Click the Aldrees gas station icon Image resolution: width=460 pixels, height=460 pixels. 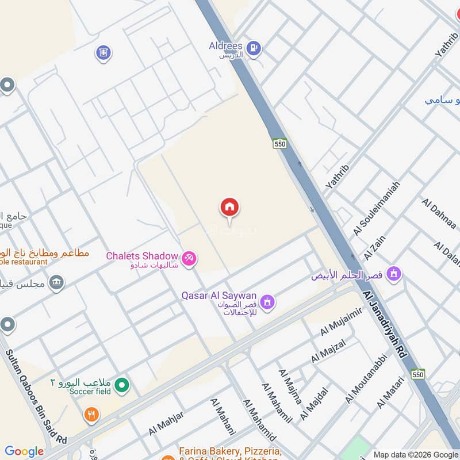[x=254, y=48]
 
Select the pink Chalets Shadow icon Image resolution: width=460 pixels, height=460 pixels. [x=189, y=259]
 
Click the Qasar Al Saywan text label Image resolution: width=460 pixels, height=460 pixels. [x=219, y=296]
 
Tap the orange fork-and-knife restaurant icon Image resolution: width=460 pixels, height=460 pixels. [x=91, y=415]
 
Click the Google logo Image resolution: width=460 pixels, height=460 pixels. [x=24, y=451]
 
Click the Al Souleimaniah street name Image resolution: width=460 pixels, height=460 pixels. [x=377, y=209]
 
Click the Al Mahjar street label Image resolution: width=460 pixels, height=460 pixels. [x=166, y=423]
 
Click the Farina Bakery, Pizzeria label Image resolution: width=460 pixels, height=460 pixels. [x=230, y=451]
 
